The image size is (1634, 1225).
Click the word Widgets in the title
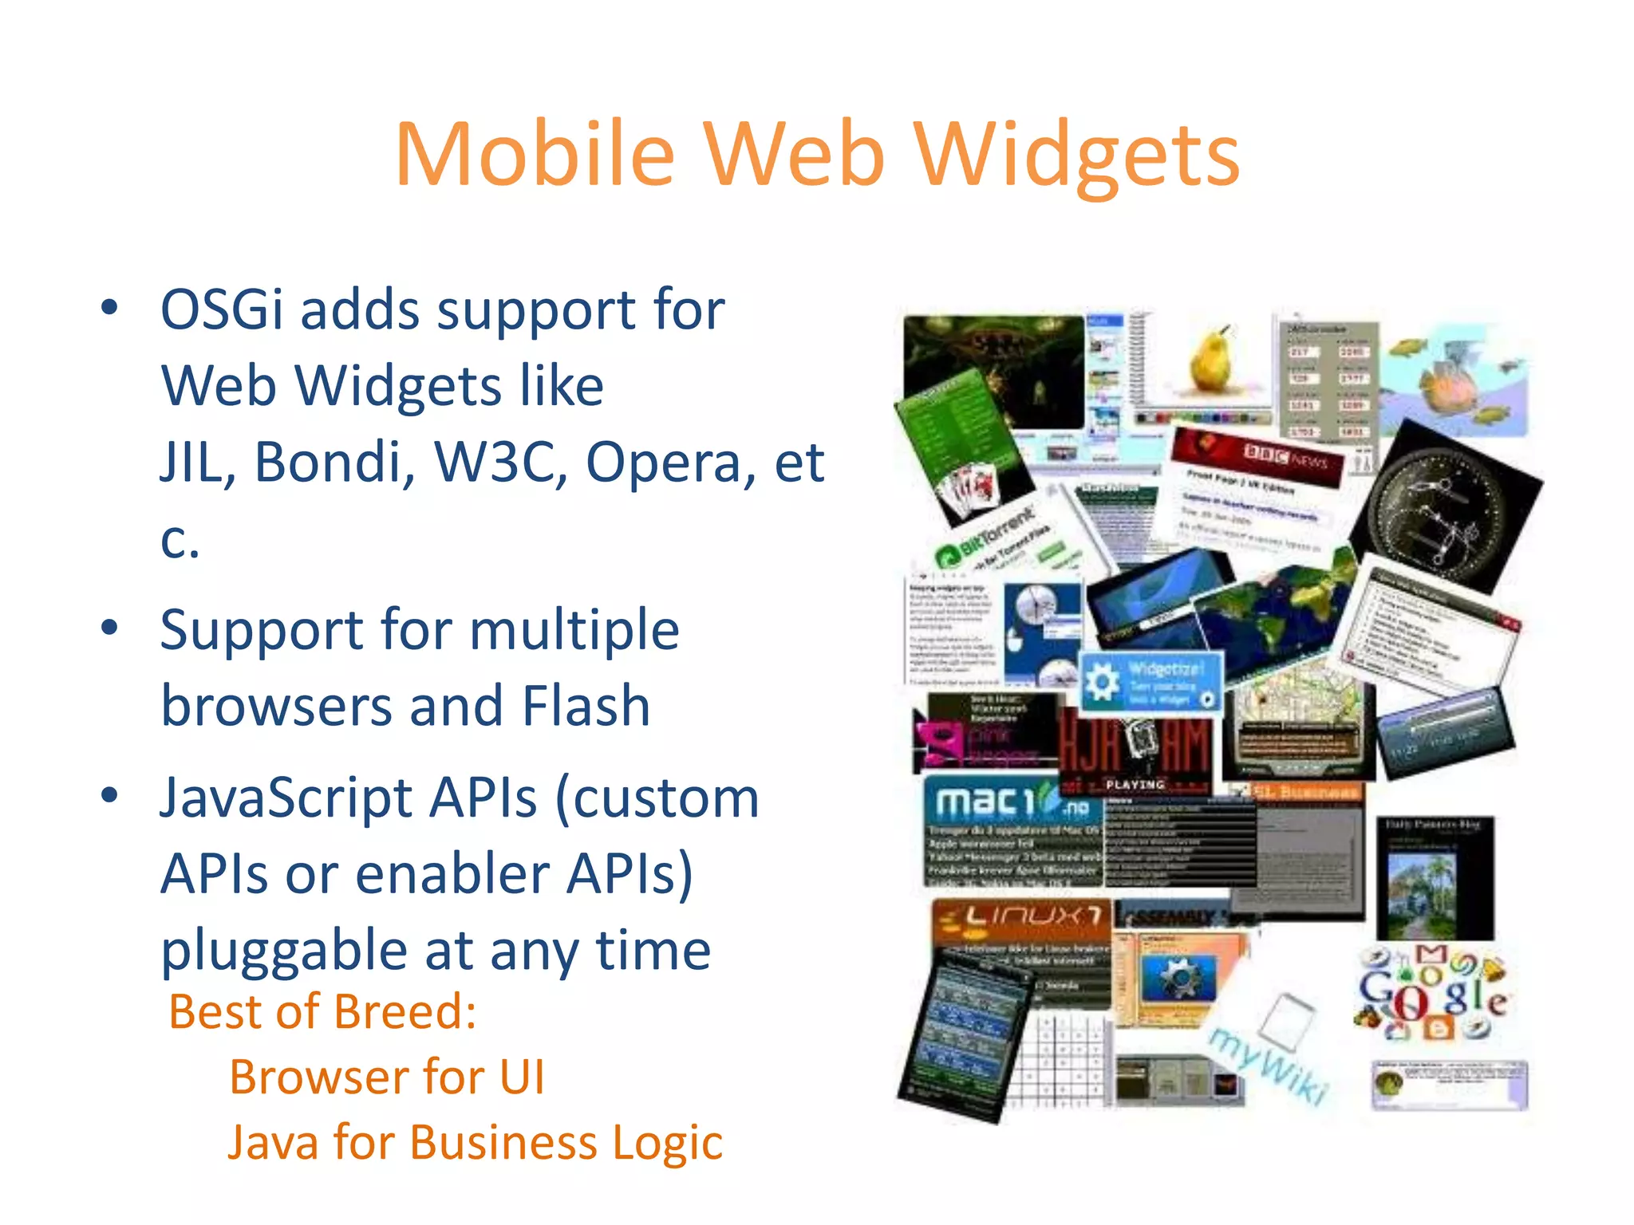point(1077,156)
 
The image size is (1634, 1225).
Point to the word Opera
point(670,463)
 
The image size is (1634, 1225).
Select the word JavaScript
point(348,798)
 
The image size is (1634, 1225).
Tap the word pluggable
point(284,951)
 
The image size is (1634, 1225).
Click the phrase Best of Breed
point(322,1011)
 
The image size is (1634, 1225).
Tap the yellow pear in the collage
point(1210,360)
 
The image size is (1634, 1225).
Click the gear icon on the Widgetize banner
point(1103,683)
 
